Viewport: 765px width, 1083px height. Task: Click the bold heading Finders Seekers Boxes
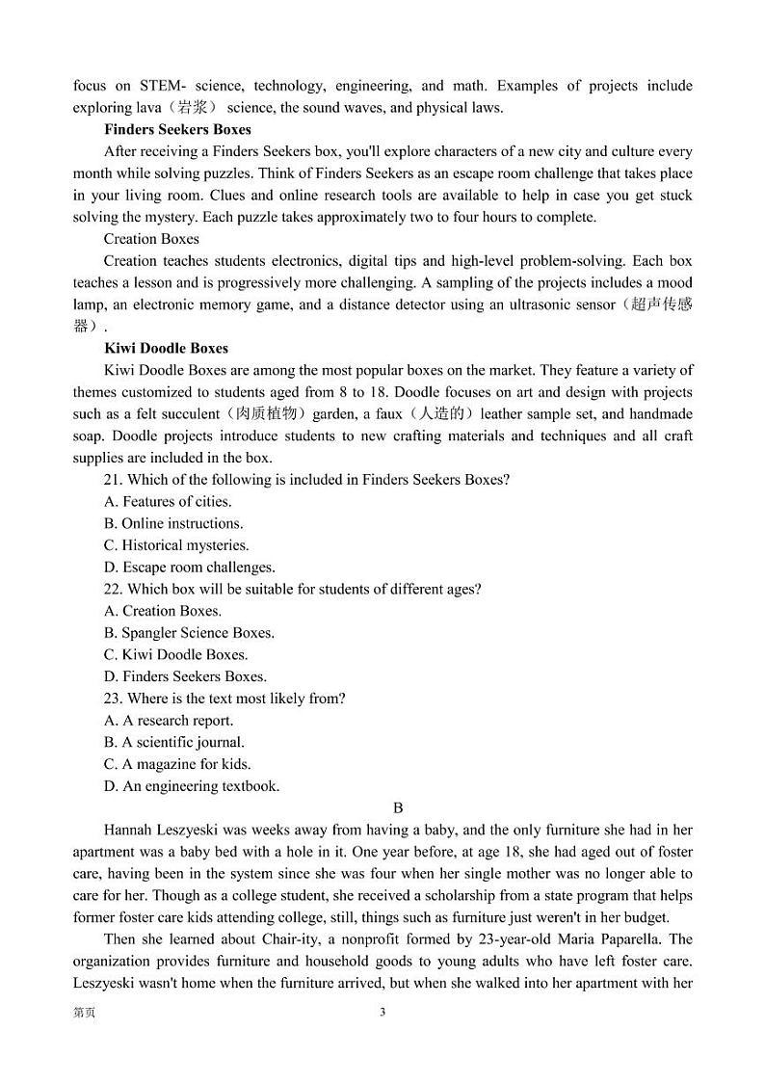tap(177, 130)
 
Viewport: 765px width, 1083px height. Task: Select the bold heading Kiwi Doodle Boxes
tap(166, 349)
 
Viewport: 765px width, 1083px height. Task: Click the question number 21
tap(112, 480)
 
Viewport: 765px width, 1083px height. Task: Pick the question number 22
tap(112, 589)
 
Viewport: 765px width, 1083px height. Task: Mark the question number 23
tap(112, 699)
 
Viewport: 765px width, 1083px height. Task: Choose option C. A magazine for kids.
tap(176, 764)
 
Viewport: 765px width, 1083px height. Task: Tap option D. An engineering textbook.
tap(192, 786)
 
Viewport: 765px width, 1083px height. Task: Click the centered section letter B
tap(398, 808)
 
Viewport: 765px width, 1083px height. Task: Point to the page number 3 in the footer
tap(382, 1013)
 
